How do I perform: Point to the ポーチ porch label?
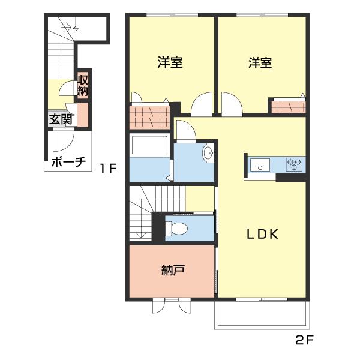click(68, 162)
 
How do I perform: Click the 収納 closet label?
click(83, 85)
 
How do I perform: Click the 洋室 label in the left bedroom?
click(170, 62)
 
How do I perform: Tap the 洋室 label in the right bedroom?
click(260, 62)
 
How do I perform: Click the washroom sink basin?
click(208, 155)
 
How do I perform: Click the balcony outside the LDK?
click(262, 314)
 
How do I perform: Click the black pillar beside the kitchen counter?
click(291, 178)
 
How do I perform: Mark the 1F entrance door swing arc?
click(62, 142)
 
